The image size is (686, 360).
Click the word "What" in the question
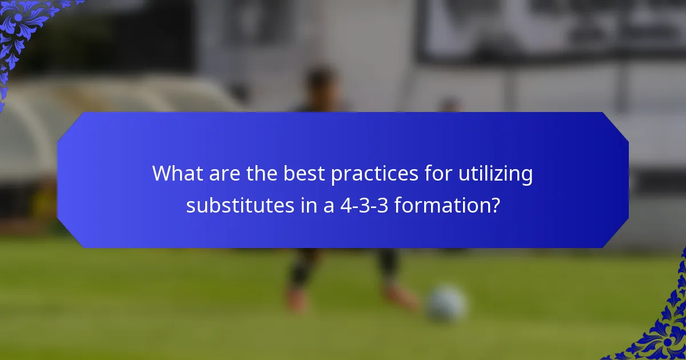[x=172, y=174]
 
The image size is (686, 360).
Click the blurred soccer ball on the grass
[x=446, y=303]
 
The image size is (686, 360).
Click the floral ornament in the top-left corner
[x=23, y=29]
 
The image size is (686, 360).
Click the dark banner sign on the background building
[x=549, y=29]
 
